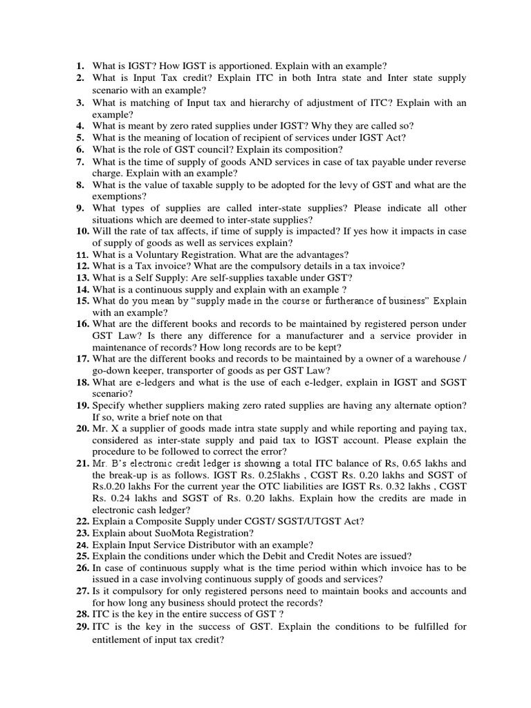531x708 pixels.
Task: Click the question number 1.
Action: coord(80,66)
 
